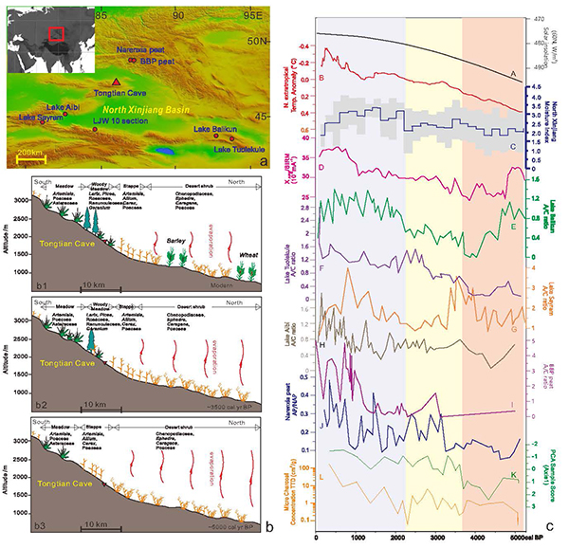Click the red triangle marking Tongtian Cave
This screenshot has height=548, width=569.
tap(116, 83)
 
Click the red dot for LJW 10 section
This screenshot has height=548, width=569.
tap(94, 130)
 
